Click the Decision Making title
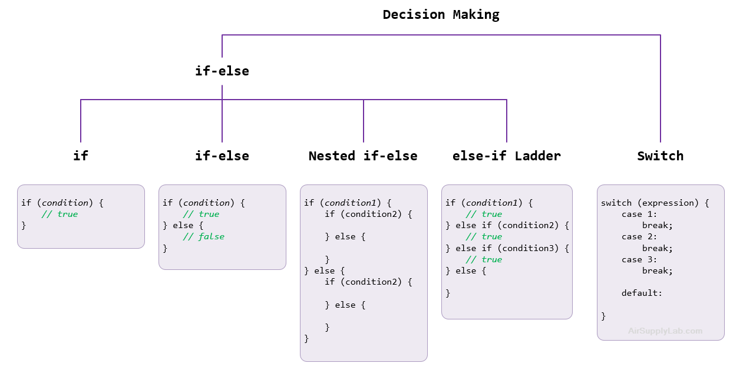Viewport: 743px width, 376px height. [x=442, y=15]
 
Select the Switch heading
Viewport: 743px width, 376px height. [x=660, y=156]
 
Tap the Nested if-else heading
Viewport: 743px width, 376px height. [x=364, y=156]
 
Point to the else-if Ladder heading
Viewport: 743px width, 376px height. [x=507, y=156]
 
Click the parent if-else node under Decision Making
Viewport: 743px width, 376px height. [x=222, y=71]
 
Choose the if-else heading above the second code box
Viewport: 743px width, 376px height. [x=222, y=156]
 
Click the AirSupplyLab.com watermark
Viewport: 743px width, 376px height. [x=665, y=331]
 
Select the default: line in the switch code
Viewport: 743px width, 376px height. [x=642, y=293]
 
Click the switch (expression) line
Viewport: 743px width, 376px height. [x=655, y=203]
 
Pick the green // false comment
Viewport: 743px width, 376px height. [x=203, y=236]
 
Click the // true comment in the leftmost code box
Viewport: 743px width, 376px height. [x=60, y=214]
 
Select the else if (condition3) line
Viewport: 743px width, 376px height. [x=507, y=248]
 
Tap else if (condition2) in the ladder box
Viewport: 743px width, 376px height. [x=507, y=225]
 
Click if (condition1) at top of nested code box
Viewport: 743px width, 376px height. [x=348, y=203]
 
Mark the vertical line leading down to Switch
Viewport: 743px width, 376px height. [x=661, y=88]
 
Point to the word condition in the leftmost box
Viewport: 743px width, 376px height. [x=67, y=203]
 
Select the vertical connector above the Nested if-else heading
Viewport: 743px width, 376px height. [x=364, y=121]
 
